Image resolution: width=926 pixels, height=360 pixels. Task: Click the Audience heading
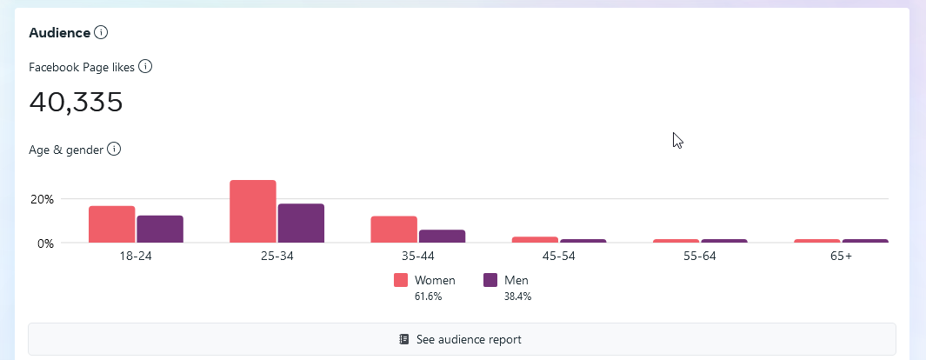(59, 33)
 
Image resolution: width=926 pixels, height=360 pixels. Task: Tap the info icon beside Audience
(101, 33)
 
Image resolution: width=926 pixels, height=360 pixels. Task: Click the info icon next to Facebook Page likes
(145, 66)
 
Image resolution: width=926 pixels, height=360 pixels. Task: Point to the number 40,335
(76, 102)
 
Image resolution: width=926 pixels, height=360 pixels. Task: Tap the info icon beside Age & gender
(114, 150)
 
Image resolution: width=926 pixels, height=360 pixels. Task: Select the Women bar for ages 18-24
(111, 224)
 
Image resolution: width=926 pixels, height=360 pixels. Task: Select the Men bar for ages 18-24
(160, 229)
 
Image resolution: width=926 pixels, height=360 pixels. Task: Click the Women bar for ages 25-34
(253, 211)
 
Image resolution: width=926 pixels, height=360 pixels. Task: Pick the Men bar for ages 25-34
(301, 223)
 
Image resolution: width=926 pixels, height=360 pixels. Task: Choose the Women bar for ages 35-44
(394, 230)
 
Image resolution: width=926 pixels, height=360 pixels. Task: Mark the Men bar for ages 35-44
(442, 236)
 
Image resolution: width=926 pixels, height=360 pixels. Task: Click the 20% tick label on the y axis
(42, 199)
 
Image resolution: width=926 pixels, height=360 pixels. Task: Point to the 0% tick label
(45, 243)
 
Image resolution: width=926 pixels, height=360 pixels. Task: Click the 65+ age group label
(841, 257)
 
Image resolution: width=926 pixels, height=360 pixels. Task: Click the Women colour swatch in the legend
(401, 280)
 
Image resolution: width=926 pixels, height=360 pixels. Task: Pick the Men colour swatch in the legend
(490, 280)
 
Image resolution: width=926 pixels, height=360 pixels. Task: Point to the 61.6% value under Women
(428, 297)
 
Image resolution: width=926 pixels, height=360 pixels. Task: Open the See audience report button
(462, 339)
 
